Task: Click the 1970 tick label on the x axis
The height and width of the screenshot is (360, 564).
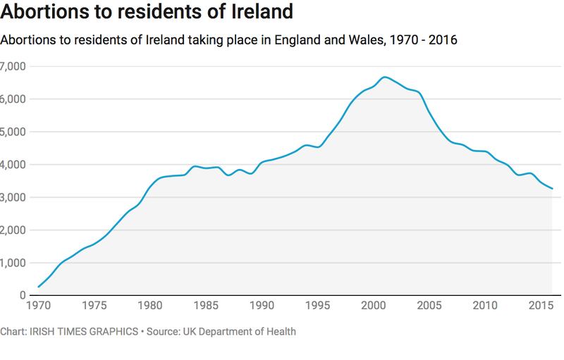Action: (x=37, y=306)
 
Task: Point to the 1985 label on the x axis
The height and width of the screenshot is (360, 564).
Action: (x=206, y=306)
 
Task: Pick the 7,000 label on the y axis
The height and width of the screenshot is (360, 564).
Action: (x=12, y=66)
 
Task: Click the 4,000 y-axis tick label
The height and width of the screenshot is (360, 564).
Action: (x=12, y=165)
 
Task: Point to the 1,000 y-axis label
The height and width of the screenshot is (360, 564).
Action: (x=12, y=263)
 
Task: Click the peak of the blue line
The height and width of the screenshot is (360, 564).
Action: (x=385, y=77)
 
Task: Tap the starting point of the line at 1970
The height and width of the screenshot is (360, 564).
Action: (x=38, y=287)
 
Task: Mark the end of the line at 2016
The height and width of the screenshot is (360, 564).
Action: (x=552, y=189)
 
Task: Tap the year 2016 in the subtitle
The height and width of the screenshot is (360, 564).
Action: (x=443, y=40)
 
